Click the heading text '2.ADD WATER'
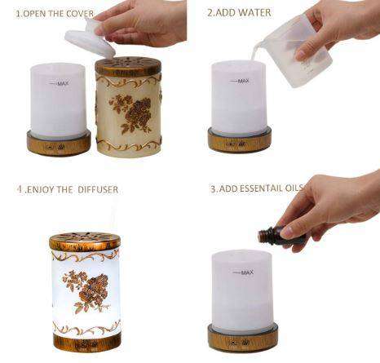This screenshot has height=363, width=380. tap(238, 13)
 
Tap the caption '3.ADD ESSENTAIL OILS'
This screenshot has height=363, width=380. tap(256, 188)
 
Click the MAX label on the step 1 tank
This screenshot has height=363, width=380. tap(60, 83)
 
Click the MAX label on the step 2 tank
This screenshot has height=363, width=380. tap(241, 80)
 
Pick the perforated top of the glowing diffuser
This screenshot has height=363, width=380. tap(84, 241)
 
